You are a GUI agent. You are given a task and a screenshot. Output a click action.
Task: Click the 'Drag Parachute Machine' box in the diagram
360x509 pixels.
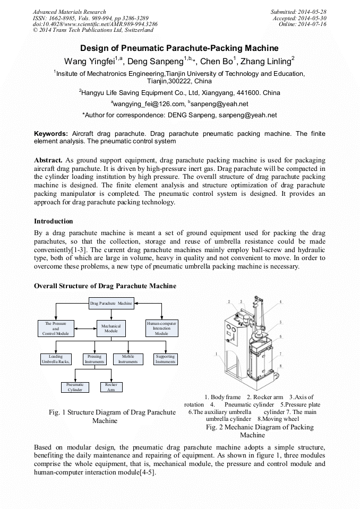(111, 303)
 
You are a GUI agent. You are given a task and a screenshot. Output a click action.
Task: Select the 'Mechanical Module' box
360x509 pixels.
(111, 329)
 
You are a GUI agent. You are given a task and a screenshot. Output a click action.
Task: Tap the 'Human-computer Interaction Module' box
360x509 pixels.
(161, 329)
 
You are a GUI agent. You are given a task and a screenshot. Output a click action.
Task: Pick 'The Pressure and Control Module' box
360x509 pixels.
(56, 329)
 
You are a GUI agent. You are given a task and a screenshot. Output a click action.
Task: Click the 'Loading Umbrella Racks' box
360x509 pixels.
(56, 359)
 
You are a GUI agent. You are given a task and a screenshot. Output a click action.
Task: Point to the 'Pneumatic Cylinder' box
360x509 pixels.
(75, 387)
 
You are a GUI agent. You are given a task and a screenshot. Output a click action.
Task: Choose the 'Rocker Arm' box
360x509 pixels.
(111, 387)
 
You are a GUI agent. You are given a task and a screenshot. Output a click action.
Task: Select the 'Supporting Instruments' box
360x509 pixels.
(166, 359)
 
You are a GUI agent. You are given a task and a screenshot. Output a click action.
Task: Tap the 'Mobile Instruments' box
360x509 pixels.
(128, 359)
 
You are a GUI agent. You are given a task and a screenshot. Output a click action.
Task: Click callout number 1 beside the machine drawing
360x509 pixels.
(217, 353)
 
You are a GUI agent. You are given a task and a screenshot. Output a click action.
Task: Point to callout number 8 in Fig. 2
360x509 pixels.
(280, 366)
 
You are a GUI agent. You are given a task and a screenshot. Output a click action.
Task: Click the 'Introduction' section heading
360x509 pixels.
(54, 221)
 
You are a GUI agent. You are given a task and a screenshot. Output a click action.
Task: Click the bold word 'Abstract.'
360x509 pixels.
(48, 160)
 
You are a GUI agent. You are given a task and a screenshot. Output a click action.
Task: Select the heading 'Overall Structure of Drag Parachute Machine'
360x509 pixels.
(105, 286)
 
